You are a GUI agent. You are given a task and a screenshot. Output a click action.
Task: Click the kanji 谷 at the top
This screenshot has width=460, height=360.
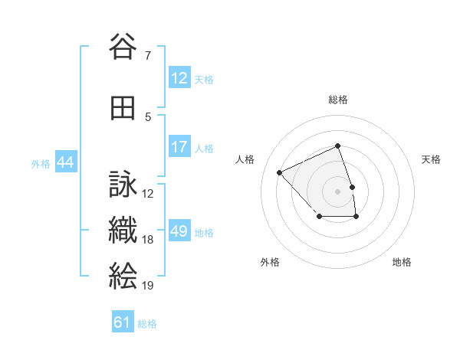click(x=123, y=47)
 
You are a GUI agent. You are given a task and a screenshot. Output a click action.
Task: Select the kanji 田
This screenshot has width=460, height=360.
click(x=123, y=109)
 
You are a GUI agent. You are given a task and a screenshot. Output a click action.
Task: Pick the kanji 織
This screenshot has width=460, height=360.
click(x=123, y=231)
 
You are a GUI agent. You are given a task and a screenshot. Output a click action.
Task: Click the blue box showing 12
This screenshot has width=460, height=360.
click(x=179, y=78)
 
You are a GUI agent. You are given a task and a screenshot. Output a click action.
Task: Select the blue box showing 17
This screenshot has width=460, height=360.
click(x=179, y=147)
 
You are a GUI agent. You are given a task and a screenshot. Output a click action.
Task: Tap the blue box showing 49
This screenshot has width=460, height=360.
click(x=179, y=231)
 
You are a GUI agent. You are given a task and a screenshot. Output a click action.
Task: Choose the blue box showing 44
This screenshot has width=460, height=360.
click(x=65, y=162)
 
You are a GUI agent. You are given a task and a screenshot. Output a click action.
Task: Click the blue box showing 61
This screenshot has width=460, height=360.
click(x=123, y=322)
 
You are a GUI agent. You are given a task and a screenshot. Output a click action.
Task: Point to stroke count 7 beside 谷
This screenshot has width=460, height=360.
click(x=147, y=55)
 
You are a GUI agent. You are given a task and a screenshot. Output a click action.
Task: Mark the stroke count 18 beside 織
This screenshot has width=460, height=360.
click(x=148, y=240)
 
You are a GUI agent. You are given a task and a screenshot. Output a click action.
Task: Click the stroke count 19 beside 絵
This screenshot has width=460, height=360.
click(x=148, y=286)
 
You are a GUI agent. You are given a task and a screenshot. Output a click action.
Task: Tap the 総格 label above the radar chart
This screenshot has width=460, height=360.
click(x=338, y=100)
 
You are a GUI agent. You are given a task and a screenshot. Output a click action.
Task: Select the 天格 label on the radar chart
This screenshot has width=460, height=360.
click(x=432, y=159)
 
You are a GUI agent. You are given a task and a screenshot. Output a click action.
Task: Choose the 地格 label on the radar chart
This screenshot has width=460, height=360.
click(x=402, y=262)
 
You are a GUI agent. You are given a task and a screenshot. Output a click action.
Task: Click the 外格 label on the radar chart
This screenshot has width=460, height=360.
click(x=270, y=262)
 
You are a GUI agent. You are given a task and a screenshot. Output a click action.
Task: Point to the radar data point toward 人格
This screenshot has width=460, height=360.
click(x=280, y=172)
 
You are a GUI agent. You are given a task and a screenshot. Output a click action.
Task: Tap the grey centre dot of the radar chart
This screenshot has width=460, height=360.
click(x=338, y=191)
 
